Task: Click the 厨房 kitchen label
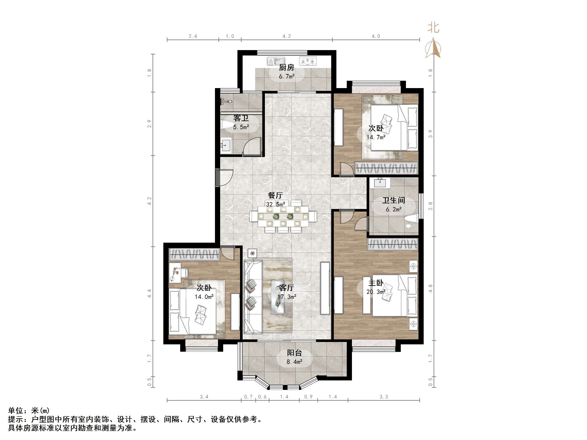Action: click(x=287, y=68)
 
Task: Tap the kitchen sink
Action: click(x=276, y=61)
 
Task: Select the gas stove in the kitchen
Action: click(x=308, y=61)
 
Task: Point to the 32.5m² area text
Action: click(x=275, y=204)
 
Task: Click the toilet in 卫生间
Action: click(x=410, y=220)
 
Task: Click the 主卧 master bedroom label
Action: click(x=376, y=283)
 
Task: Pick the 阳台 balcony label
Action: click(x=294, y=353)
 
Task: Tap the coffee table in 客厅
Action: click(x=278, y=297)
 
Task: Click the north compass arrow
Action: click(x=433, y=48)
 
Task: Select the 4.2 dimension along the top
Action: click(x=287, y=36)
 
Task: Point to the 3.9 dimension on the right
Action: click(x=430, y=134)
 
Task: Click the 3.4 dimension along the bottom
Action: click(x=204, y=397)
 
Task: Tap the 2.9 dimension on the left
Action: click(x=150, y=124)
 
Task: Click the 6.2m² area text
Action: click(x=394, y=209)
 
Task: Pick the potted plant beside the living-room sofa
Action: click(x=252, y=253)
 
